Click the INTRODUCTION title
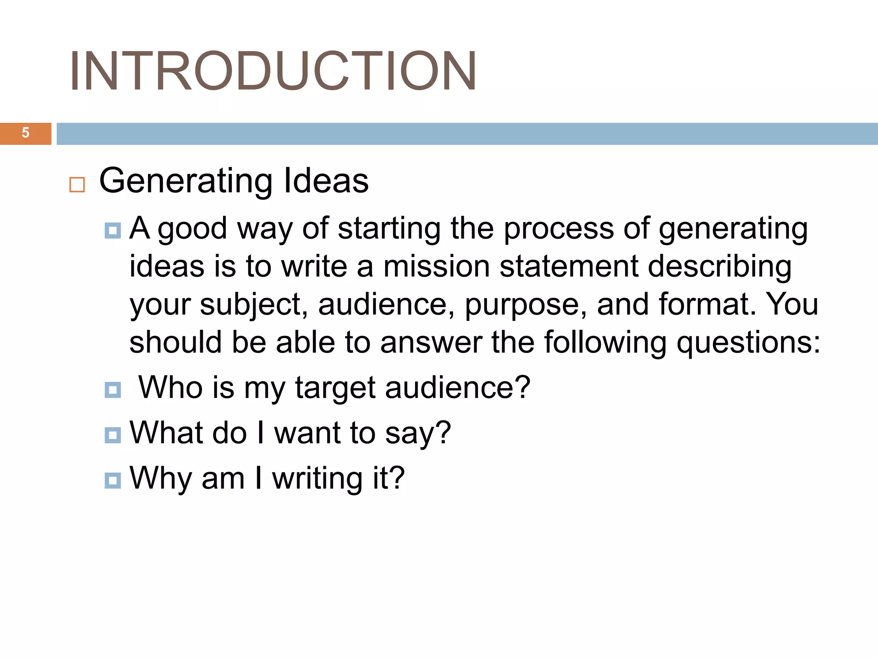[x=273, y=71]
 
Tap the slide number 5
[x=26, y=133]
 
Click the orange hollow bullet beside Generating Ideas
[x=77, y=185]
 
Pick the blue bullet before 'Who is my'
[x=113, y=390]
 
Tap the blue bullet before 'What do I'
[x=113, y=435]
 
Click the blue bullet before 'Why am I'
[x=113, y=480]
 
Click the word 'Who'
[x=171, y=387]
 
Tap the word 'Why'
[x=160, y=479]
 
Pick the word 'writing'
[x=317, y=479]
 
